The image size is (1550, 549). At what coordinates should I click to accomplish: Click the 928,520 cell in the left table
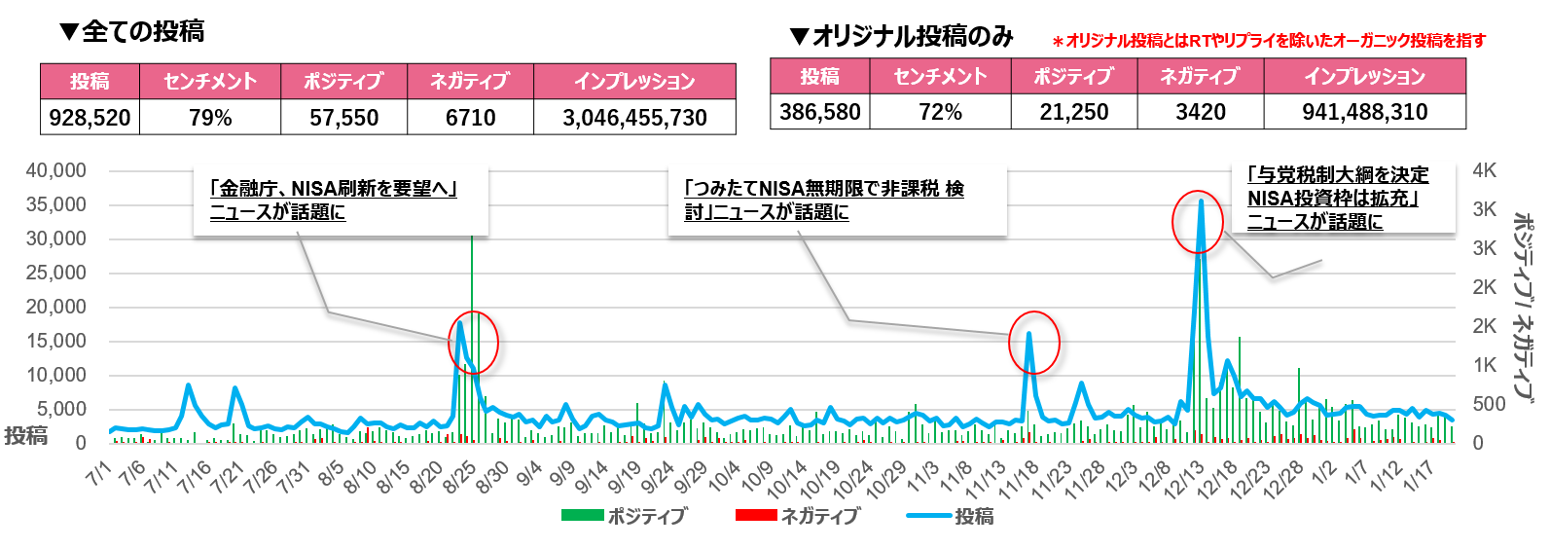90,118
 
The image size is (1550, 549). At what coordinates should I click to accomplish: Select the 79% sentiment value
210,118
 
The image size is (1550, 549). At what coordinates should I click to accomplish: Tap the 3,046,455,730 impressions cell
634,118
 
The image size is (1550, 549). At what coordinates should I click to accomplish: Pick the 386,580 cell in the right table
819,112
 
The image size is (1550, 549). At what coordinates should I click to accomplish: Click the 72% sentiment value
940,112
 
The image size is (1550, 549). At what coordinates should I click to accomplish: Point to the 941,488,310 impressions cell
1364,112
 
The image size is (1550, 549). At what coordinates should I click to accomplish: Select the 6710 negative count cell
470,118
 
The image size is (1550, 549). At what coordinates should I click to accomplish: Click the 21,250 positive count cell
1073,112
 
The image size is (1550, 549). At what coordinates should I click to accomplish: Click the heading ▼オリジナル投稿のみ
901,37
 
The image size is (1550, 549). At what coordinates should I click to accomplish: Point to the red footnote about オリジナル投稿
1269,41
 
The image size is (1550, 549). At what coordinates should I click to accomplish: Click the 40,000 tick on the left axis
56,170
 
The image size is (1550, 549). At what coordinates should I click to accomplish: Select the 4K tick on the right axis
1484,170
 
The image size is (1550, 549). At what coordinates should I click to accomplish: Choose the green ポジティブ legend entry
624,516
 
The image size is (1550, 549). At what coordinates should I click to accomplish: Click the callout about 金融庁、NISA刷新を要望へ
334,200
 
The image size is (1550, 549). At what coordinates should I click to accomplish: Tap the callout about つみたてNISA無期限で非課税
823,200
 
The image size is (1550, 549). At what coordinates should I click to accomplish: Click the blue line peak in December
1201,201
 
